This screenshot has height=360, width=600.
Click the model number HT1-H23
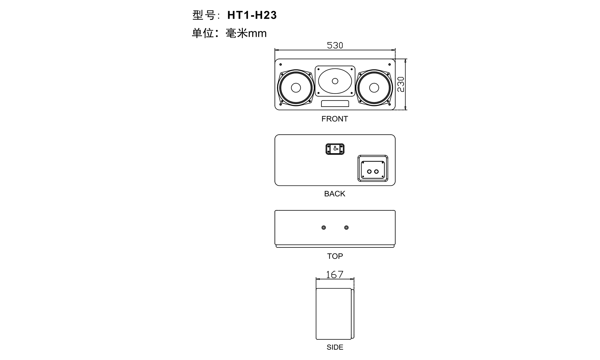point(252,15)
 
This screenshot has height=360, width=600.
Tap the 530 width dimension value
point(335,45)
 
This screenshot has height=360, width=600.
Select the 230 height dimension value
point(401,84)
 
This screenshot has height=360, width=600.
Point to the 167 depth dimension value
point(335,274)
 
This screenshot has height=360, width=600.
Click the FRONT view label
point(335,119)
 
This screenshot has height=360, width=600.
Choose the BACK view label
point(335,194)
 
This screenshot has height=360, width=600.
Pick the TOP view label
point(335,256)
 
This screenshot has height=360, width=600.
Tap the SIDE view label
point(335,347)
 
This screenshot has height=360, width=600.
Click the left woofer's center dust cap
point(296,88)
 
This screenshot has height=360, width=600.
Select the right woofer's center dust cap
point(374,88)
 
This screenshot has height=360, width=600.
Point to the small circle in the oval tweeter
point(335,81)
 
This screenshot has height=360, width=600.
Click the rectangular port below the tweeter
point(335,103)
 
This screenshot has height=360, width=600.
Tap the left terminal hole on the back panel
point(369,172)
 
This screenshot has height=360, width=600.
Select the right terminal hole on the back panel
point(376,172)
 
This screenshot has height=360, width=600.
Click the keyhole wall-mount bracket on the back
point(335,149)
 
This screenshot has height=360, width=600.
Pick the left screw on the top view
point(324,228)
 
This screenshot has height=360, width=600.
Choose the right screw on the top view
point(347,228)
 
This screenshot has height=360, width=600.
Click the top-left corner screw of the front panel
point(281,64)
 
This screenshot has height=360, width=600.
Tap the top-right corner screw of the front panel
point(389,64)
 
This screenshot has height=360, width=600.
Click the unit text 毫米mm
point(246,33)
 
